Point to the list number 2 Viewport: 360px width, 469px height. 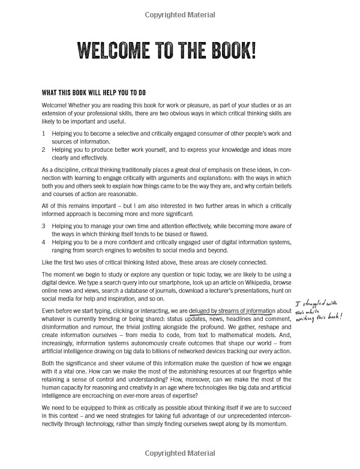[43, 149]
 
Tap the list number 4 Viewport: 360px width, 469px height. [43, 242]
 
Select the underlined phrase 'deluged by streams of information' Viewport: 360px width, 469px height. [223, 311]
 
